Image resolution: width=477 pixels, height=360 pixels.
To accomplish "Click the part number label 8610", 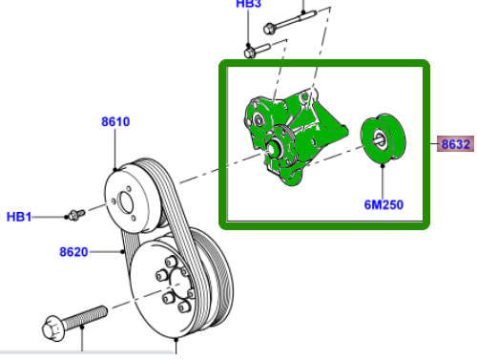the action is click(x=115, y=122).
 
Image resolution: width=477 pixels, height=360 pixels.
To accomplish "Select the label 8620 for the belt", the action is click(x=73, y=252).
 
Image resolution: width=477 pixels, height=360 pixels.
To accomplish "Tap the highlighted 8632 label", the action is click(x=455, y=144).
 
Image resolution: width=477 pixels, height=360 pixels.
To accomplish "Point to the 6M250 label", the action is click(x=384, y=204).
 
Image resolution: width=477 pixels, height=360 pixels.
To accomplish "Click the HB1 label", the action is click(x=19, y=217).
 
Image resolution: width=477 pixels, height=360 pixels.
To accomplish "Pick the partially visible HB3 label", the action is click(x=248, y=4).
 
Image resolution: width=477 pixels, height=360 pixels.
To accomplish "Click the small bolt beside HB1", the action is click(x=76, y=214).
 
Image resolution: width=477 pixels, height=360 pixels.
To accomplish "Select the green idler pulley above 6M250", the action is click(x=384, y=138).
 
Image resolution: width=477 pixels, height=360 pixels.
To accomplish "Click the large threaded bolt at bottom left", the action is click(x=74, y=322).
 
